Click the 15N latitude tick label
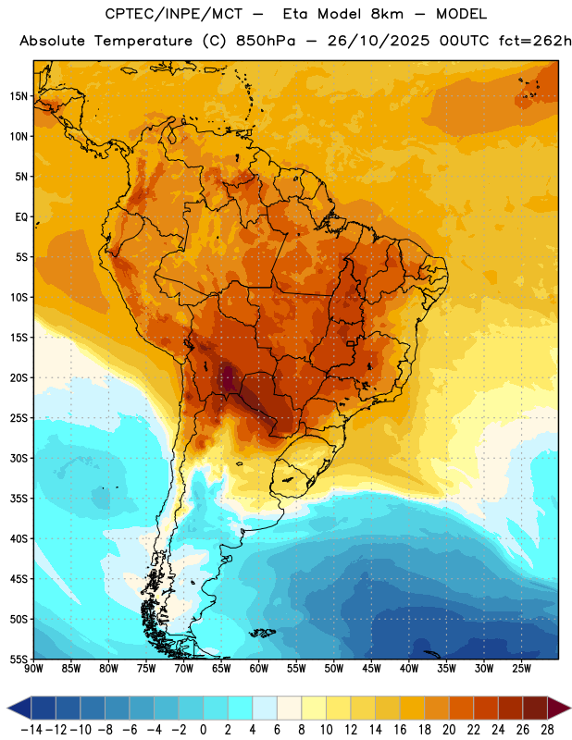(19, 96)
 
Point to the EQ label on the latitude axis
(21, 217)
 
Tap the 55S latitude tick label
(19, 660)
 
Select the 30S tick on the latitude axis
(19, 458)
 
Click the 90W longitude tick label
(33, 669)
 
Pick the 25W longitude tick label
(521, 669)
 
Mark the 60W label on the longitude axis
(259, 669)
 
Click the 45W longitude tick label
(371, 669)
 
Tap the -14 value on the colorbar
(31, 730)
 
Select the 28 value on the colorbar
(547, 730)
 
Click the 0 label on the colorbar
(204, 730)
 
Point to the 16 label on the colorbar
(400, 730)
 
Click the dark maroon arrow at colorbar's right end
(558, 708)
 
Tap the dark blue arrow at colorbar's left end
(19, 708)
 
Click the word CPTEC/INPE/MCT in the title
(174, 14)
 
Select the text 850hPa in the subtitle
(266, 41)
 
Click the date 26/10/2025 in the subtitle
(379, 41)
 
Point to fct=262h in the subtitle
(535, 41)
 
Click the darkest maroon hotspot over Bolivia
(228, 377)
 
